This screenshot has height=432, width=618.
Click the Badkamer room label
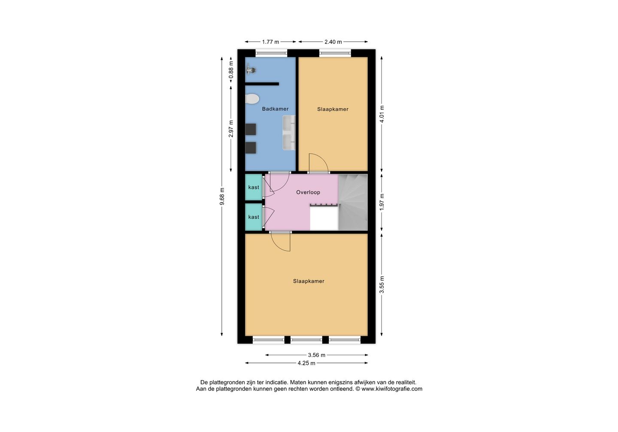[275, 109]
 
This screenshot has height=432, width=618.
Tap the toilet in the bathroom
[252, 99]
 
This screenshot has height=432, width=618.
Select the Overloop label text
[308, 192]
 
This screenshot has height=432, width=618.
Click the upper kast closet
[254, 187]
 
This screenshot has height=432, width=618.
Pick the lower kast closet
[254, 217]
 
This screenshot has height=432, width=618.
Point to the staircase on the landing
[353, 202]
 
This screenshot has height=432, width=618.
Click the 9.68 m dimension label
[222, 196]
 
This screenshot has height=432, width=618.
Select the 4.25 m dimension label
[306, 363]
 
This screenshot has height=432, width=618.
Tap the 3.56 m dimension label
[317, 355]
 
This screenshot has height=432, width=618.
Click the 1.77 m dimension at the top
[270, 42]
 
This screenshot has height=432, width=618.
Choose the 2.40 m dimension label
[333, 42]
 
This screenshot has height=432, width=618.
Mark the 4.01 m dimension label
[382, 114]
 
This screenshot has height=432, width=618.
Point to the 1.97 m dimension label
[382, 202]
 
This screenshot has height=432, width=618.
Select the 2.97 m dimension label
[231, 129]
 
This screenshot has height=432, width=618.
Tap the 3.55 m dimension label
[382, 285]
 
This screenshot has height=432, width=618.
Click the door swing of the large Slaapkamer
[282, 242]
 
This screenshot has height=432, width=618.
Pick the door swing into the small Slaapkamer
[318, 163]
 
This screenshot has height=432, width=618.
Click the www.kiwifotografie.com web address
[392, 389]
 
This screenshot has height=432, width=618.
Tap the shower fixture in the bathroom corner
[251, 69]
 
